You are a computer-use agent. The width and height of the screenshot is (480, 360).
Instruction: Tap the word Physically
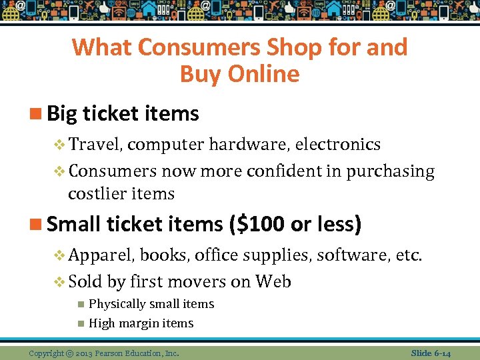(117, 304)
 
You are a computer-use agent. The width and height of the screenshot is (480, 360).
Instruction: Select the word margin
(141, 324)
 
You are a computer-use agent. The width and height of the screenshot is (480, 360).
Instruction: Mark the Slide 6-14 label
(431, 353)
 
